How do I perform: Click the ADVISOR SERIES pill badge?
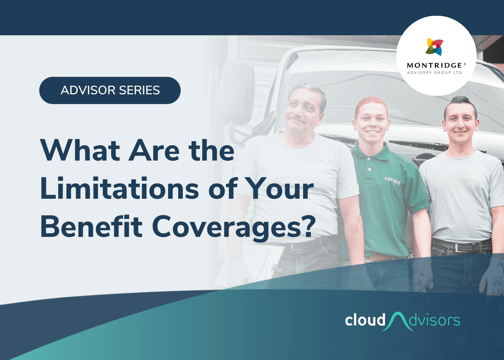(110, 90)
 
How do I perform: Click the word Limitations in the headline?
(119, 188)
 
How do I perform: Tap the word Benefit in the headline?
(91, 226)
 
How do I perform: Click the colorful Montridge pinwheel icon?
(435, 47)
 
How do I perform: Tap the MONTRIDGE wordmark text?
(435, 66)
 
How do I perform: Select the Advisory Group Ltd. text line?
(435, 73)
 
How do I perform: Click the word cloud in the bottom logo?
(365, 320)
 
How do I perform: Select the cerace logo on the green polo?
(392, 180)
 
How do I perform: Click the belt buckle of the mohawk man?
(460, 248)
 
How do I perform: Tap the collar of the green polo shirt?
(371, 151)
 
